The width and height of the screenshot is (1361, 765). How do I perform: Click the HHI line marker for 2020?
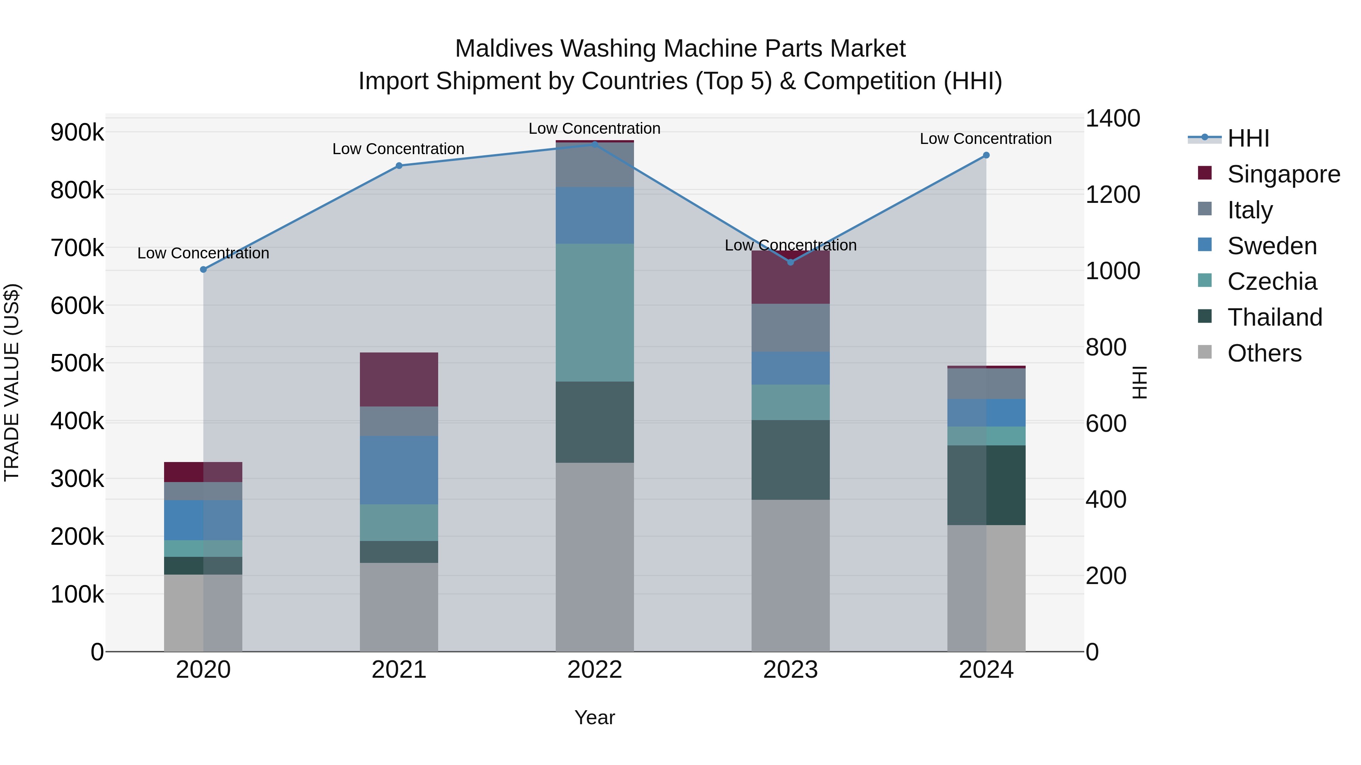click(x=203, y=270)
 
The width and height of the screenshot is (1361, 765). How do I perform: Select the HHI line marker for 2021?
click(x=399, y=166)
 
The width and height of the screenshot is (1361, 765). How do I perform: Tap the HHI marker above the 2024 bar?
click(x=986, y=155)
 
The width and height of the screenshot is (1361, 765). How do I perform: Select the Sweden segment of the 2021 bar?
click(x=399, y=470)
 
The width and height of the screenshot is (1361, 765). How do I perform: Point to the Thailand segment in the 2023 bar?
click(x=791, y=460)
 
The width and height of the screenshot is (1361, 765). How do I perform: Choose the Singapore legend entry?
click(x=1283, y=174)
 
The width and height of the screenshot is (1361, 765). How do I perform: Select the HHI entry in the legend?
click(x=1248, y=138)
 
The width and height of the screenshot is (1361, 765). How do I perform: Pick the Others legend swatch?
click(x=1204, y=352)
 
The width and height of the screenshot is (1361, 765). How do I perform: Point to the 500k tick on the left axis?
click(x=77, y=363)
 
